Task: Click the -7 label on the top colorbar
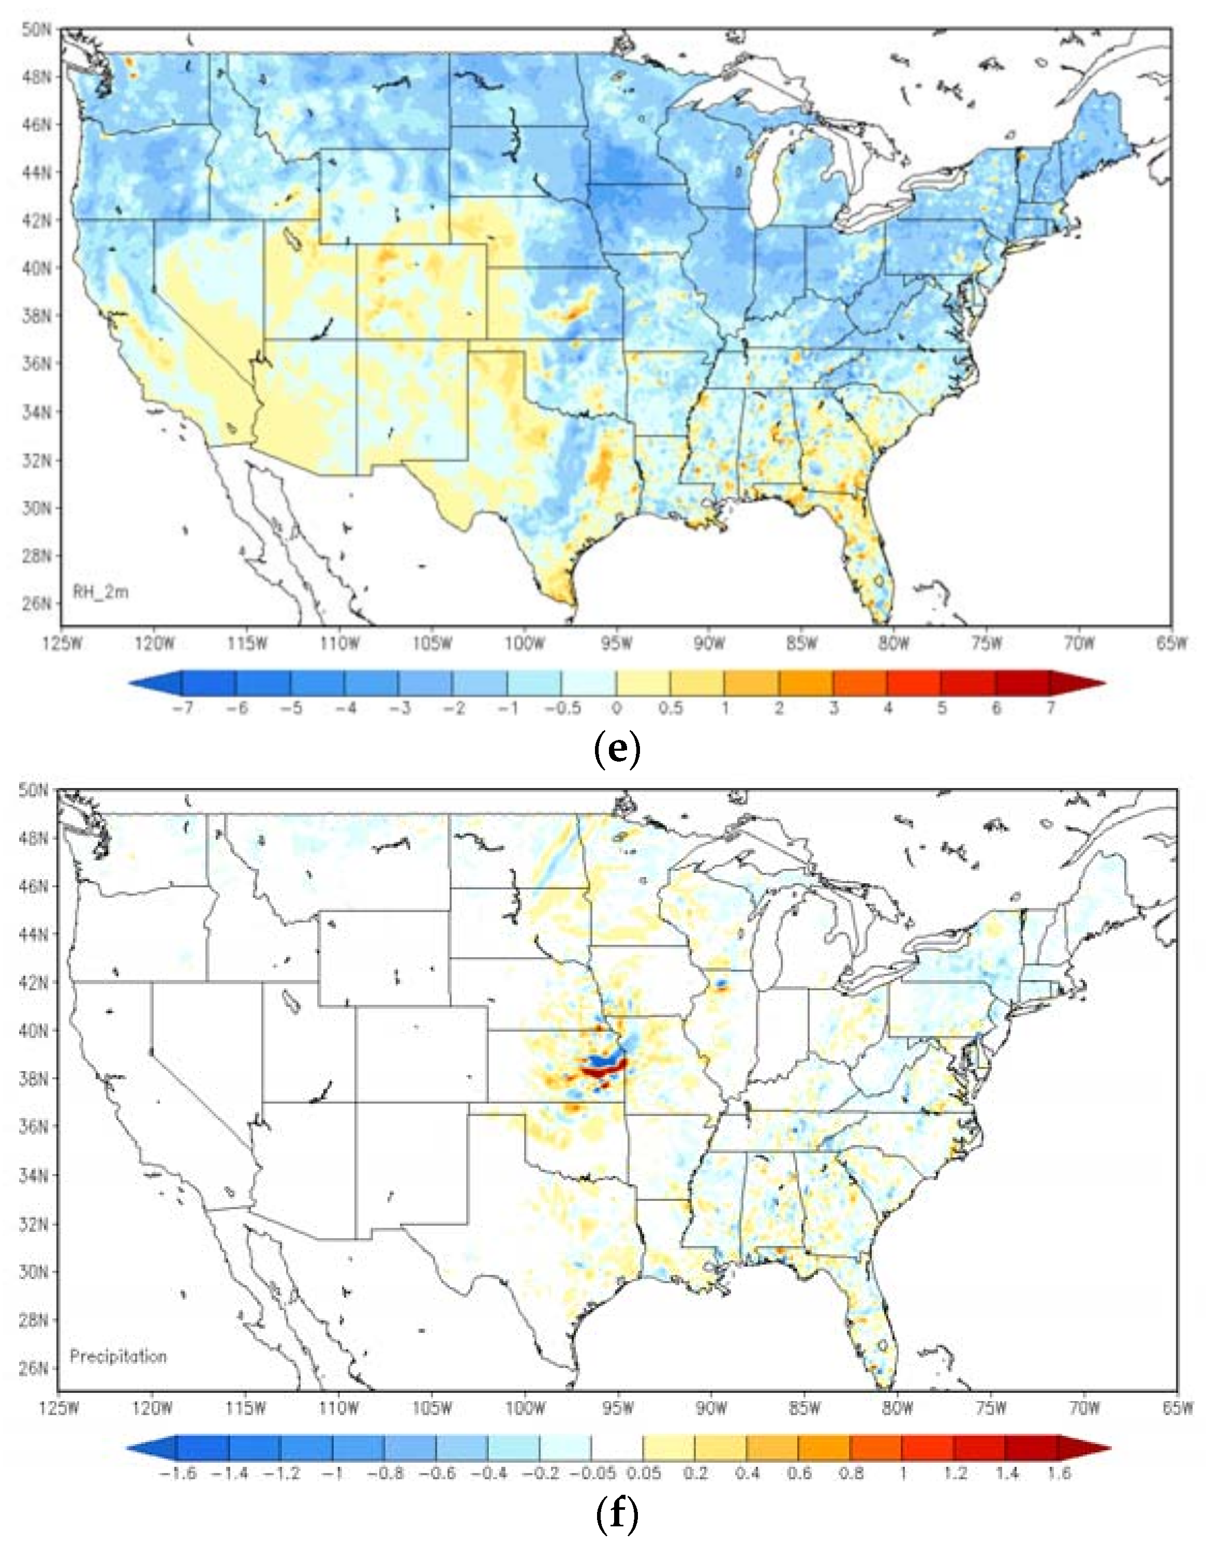[183, 708]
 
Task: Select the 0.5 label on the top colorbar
[670, 708]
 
